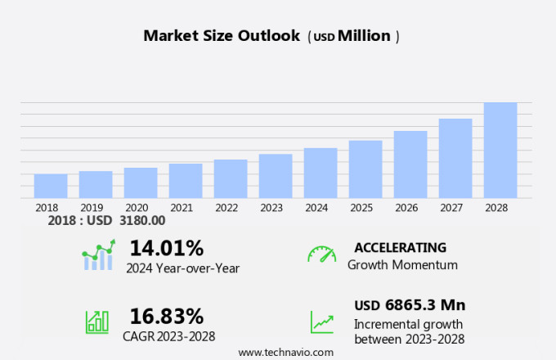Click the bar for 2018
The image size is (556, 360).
[x=51, y=186]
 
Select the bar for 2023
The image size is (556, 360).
[x=276, y=176]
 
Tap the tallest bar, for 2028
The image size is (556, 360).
[x=500, y=150]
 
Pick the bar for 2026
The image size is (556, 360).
[x=410, y=164]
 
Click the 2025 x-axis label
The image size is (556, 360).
[x=365, y=208]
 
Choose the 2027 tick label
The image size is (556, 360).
[x=455, y=208]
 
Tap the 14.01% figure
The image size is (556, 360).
[x=167, y=247]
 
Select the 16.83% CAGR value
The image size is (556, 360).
[x=167, y=316]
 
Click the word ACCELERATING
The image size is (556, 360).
[x=401, y=247]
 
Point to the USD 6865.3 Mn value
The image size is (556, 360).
[x=410, y=305]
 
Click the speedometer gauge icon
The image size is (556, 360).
[x=321, y=254]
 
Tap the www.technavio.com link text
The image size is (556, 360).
[x=286, y=352]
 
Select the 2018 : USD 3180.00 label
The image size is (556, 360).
[x=106, y=220]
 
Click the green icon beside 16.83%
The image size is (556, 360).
[x=96, y=321]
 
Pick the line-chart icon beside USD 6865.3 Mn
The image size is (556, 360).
[x=321, y=322]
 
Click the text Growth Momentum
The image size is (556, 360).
[x=402, y=265]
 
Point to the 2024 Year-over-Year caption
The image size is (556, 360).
[x=182, y=268]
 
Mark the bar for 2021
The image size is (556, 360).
[x=186, y=181]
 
